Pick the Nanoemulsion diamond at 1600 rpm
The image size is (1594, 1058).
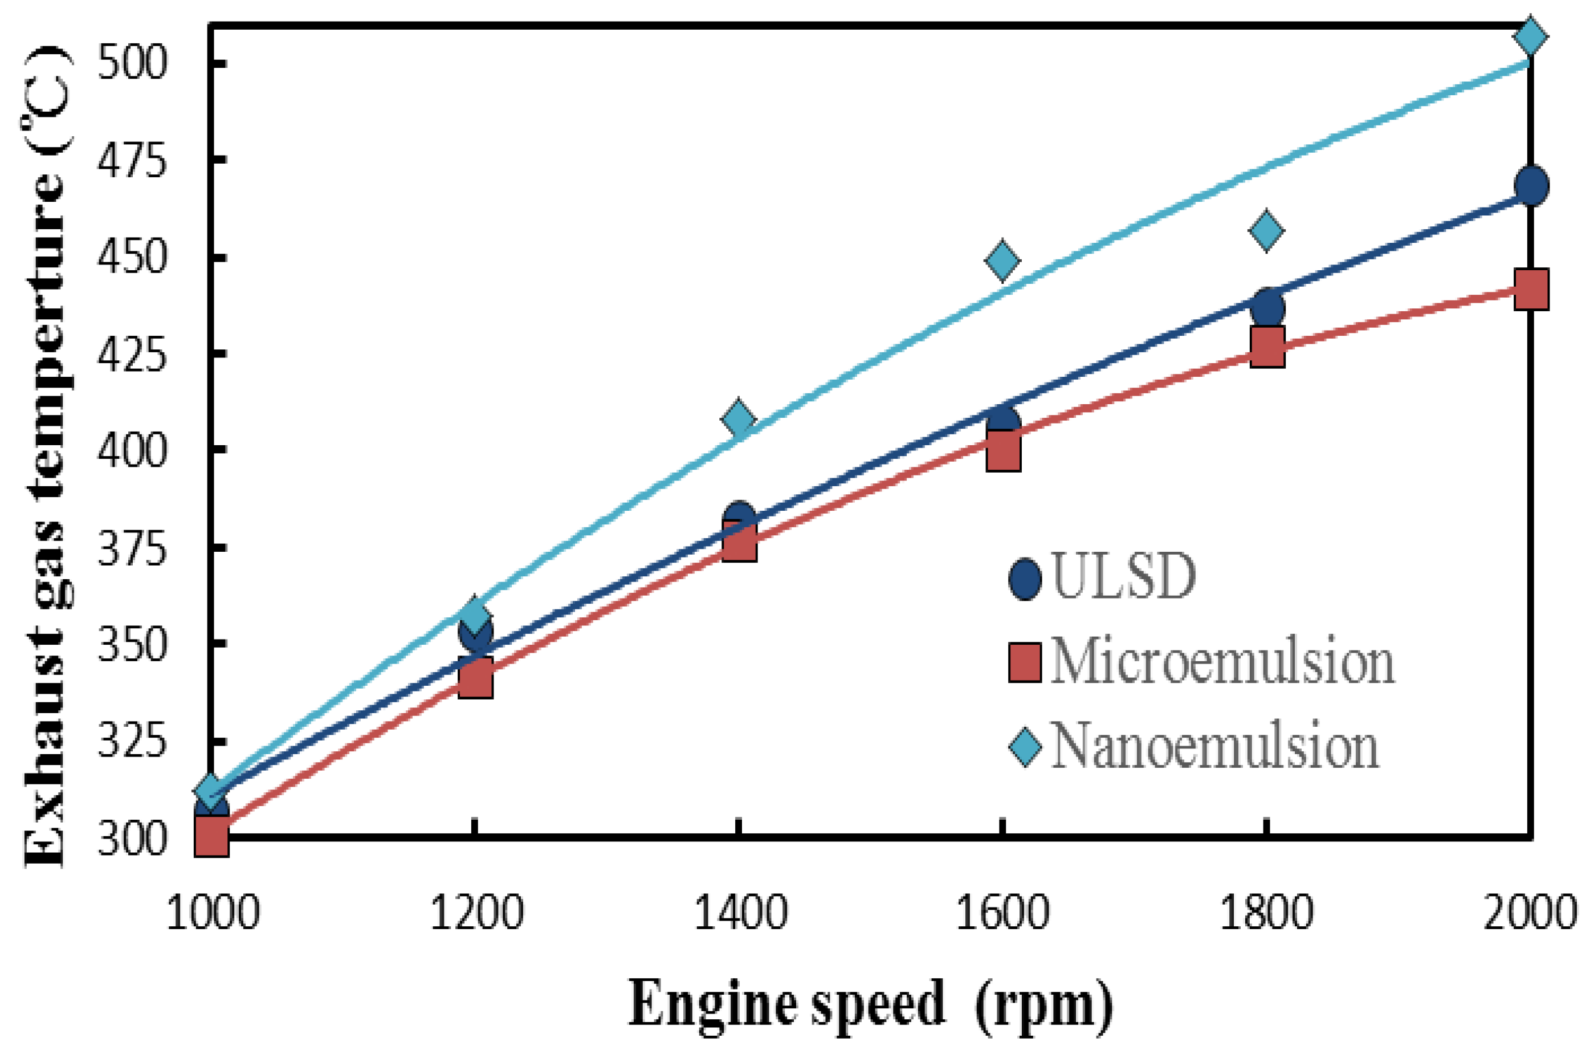click(x=1002, y=260)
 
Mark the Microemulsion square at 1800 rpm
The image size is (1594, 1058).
click(x=1266, y=347)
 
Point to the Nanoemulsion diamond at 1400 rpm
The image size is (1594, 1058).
click(x=738, y=419)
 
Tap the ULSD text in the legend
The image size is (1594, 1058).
click(x=1123, y=577)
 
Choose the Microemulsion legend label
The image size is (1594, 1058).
click(x=1222, y=662)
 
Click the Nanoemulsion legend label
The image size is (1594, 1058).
click(x=1215, y=747)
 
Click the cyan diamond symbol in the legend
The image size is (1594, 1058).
click(x=1025, y=747)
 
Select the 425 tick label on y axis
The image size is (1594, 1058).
click(x=132, y=354)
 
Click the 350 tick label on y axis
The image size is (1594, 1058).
click(x=132, y=644)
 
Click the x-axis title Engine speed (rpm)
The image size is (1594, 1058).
click(x=870, y=1006)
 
